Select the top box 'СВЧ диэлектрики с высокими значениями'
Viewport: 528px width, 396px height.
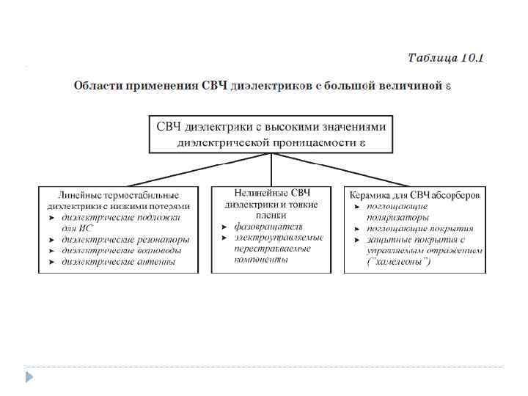point(271,126)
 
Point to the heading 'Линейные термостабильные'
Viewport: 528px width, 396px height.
point(118,196)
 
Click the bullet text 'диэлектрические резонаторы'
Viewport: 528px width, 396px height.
point(125,239)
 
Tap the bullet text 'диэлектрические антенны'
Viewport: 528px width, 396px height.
point(118,261)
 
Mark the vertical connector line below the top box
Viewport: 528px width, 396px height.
point(271,169)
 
